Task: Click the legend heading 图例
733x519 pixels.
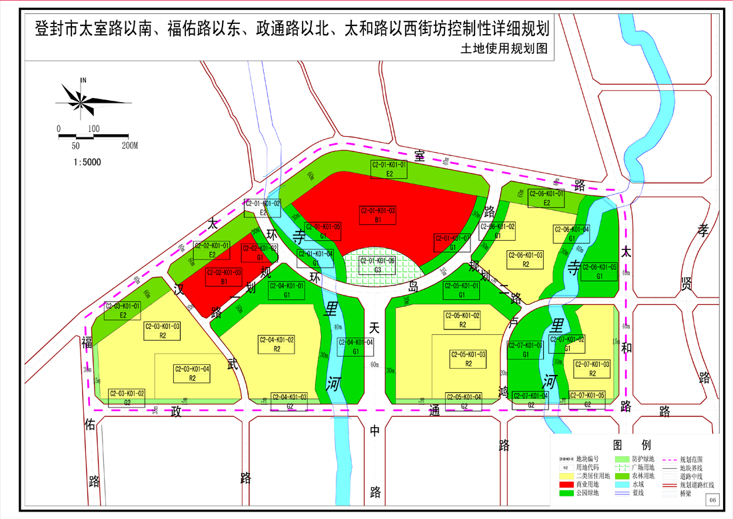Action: [x=632, y=445]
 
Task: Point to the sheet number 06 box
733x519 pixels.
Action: [x=712, y=500]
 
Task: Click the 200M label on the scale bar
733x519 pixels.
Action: [x=129, y=145]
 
